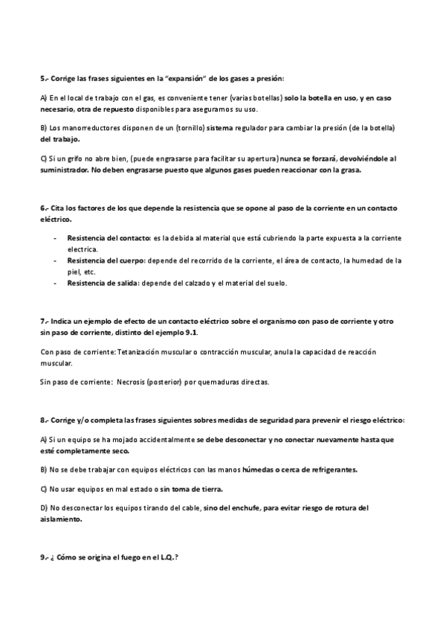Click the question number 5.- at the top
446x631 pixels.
point(44,77)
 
